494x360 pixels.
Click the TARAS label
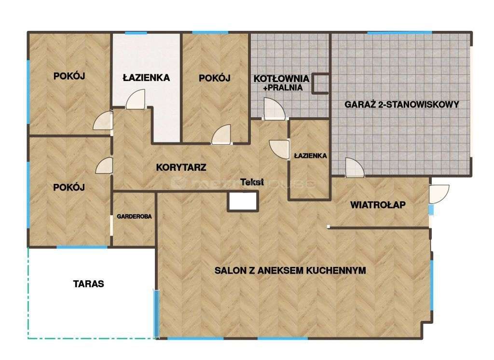88,284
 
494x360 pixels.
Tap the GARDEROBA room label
134,217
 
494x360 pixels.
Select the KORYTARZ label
181,168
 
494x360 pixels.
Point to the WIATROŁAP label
378,205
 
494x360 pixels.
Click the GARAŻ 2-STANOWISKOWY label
401,104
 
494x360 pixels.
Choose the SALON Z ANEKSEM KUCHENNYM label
290,270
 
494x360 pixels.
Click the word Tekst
252,182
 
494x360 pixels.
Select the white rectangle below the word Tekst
243,200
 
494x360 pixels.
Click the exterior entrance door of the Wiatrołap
439,194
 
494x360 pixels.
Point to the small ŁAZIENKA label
310,156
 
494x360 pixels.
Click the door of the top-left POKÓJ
103,121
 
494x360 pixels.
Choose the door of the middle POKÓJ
221,135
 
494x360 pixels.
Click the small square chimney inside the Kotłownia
321,83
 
